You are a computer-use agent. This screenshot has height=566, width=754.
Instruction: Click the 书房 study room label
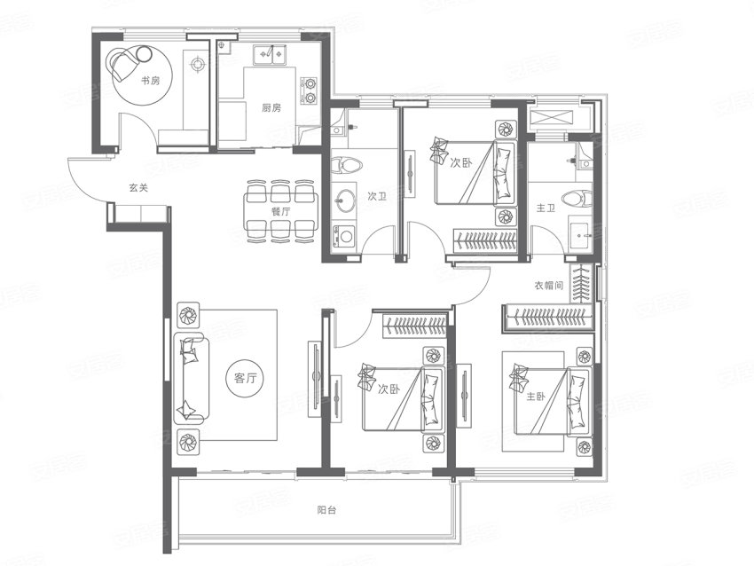(150, 81)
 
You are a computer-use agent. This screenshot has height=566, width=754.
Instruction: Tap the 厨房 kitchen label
(271, 107)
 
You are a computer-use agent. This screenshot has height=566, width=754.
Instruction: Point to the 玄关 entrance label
(138, 187)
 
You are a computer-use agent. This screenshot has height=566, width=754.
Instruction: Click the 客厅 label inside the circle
(246, 379)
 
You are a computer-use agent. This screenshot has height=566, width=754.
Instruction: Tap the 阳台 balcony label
(326, 510)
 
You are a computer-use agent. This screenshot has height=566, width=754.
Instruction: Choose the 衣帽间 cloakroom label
(549, 285)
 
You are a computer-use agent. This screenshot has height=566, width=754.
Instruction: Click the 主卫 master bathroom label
(546, 208)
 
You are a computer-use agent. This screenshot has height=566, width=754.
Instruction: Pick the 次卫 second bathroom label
(377, 196)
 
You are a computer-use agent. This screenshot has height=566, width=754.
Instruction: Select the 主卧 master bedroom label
(536, 397)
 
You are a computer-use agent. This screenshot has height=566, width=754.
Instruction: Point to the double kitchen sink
(271, 54)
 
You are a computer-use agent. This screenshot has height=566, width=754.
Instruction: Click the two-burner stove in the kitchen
(310, 90)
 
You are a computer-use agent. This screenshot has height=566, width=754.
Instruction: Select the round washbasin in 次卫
(345, 199)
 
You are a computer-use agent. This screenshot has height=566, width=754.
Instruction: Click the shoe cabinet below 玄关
(139, 213)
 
